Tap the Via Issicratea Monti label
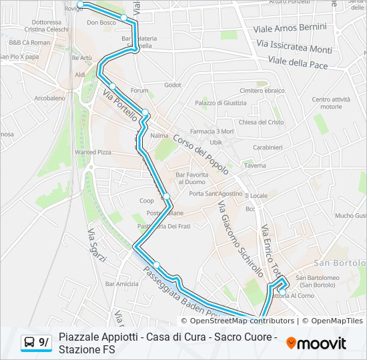(x=294, y=47)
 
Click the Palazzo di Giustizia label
(x=221, y=103)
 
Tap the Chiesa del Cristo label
(x=261, y=122)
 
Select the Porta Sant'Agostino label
(x=216, y=193)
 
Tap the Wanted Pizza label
(x=93, y=153)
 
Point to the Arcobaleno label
(x=49, y=97)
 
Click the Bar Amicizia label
(x=122, y=284)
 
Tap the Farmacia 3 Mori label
(x=212, y=131)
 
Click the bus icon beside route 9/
(x=30, y=343)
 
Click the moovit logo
(x=316, y=343)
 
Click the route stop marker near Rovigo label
(x=81, y=5)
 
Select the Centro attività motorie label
(x=331, y=103)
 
